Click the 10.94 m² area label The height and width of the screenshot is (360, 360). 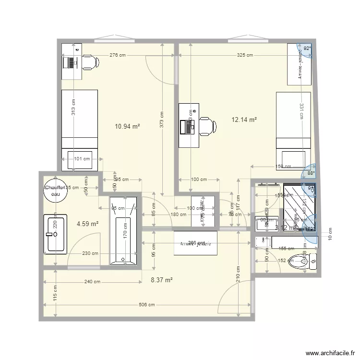127,127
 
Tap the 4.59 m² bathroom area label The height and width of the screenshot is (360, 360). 87,223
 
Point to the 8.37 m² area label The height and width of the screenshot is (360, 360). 162,280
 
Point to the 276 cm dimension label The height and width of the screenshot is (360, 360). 117,55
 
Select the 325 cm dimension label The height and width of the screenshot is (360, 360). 245,55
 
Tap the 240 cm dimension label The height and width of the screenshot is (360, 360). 93,282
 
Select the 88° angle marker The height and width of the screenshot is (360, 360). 311,173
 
